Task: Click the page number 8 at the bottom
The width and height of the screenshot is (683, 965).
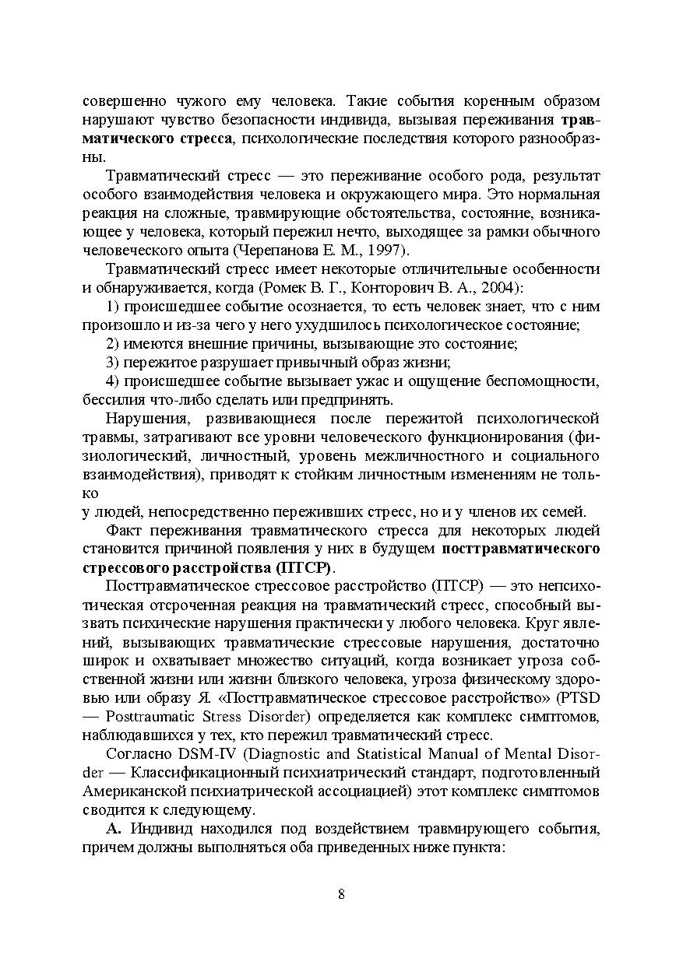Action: [341, 893]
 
